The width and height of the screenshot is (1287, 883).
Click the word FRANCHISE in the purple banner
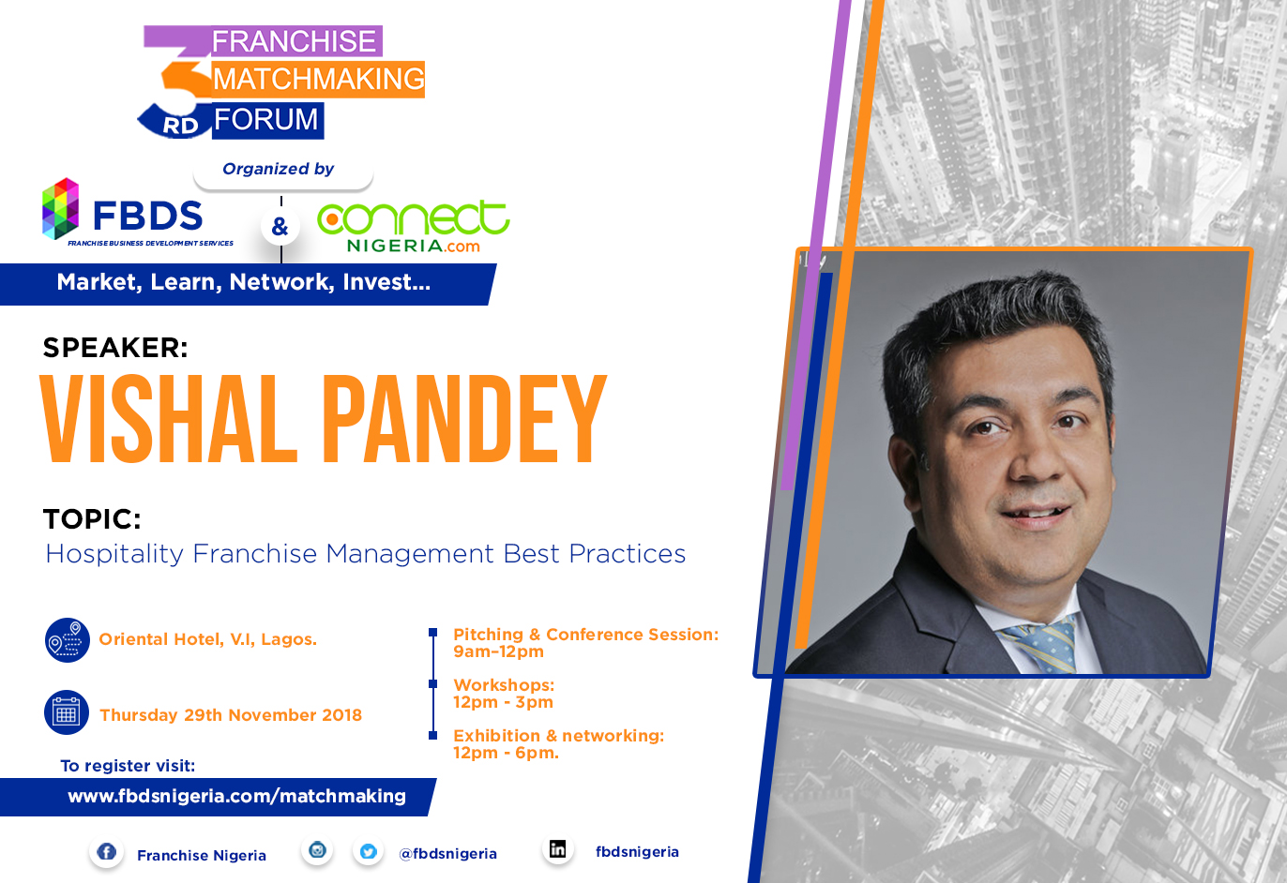pyautogui.click(x=294, y=41)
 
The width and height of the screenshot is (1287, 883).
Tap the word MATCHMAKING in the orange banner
pyautogui.click(x=318, y=80)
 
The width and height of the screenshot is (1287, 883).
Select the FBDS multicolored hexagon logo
pyautogui.click(x=60, y=208)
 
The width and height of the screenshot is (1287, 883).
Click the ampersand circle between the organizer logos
pyautogui.click(x=280, y=227)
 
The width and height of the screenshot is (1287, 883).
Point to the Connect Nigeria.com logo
pyautogui.click(x=413, y=227)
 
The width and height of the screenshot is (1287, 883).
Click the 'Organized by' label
pyautogui.click(x=278, y=169)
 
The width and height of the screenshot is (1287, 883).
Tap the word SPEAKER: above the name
pyautogui.click(x=115, y=348)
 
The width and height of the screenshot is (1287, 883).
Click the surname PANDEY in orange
pyautogui.click(x=463, y=419)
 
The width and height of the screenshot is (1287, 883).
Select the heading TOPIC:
pyautogui.click(x=92, y=519)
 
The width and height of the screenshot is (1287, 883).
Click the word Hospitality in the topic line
pyautogui.click(x=114, y=554)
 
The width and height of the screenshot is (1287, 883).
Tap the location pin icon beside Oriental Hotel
pyautogui.click(x=68, y=640)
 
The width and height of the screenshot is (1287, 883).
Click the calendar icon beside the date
pyautogui.click(x=67, y=712)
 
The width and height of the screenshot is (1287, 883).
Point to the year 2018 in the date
pyautogui.click(x=341, y=715)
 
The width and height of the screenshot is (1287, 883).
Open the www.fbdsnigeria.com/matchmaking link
pyautogui.click(x=236, y=797)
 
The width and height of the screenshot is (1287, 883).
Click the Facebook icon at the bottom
pyautogui.click(x=106, y=851)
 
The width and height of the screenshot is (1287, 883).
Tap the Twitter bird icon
pyautogui.click(x=369, y=851)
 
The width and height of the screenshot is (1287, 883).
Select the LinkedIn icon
pyautogui.click(x=557, y=848)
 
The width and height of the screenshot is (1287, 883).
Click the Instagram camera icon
pyautogui.click(x=317, y=849)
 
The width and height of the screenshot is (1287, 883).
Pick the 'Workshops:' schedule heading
pyautogui.click(x=504, y=685)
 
